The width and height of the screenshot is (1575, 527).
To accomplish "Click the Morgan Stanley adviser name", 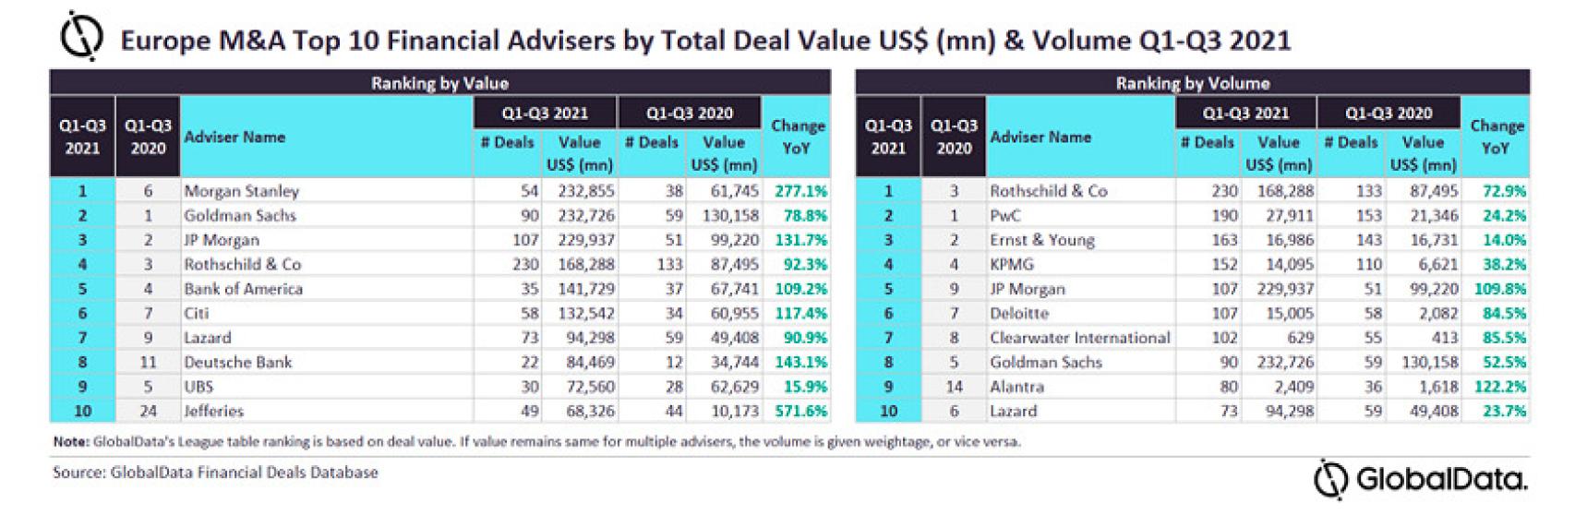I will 241,191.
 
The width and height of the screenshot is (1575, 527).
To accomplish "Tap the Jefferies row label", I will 213,411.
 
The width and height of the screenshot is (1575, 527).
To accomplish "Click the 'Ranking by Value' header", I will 439,83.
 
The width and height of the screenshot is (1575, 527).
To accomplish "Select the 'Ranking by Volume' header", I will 1192,83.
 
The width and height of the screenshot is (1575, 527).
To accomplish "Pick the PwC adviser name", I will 1005,215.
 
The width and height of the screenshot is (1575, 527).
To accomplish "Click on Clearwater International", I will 1079,338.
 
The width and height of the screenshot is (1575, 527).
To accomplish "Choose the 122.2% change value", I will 1499,387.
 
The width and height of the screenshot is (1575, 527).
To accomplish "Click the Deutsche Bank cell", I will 237,362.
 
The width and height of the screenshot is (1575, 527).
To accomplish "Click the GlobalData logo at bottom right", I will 1421,480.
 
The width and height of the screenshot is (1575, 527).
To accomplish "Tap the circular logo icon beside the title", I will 81,38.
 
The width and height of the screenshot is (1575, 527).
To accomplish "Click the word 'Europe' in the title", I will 153,41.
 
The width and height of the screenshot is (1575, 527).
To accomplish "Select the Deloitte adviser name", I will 1018,313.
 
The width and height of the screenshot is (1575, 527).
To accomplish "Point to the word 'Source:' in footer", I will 78,473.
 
